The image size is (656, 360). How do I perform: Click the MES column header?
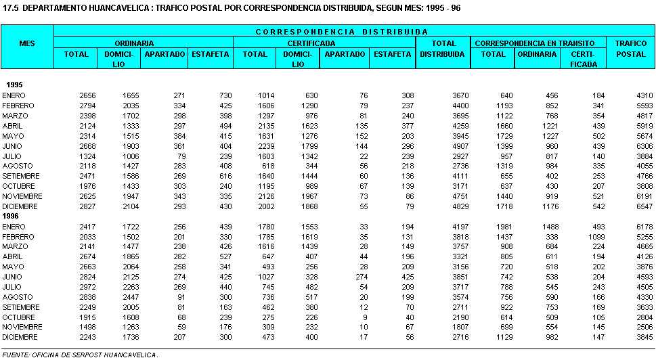pyautogui.click(x=27, y=43)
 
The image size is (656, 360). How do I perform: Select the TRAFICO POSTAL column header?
pyautogui.click(x=630, y=49)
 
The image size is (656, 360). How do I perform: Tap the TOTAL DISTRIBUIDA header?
pyautogui.click(x=443, y=49)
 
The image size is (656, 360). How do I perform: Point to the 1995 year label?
pyautogui.click(x=14, y=85)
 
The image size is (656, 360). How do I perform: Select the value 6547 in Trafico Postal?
pyautogui.click(x=643, y=206)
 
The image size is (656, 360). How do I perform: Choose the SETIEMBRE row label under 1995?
pyautogui.click(x=21, y=176)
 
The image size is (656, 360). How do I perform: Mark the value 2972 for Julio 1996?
pyautogui.click(x=87, y=286)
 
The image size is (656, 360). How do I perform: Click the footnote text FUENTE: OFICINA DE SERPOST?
pyautogui.click(x=80, y=353)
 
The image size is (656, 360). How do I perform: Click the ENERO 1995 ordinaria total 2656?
pyautogui.click(x=87, y=95)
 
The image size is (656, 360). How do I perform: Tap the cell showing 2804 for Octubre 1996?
pyautogui.click(x=643, y=317)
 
